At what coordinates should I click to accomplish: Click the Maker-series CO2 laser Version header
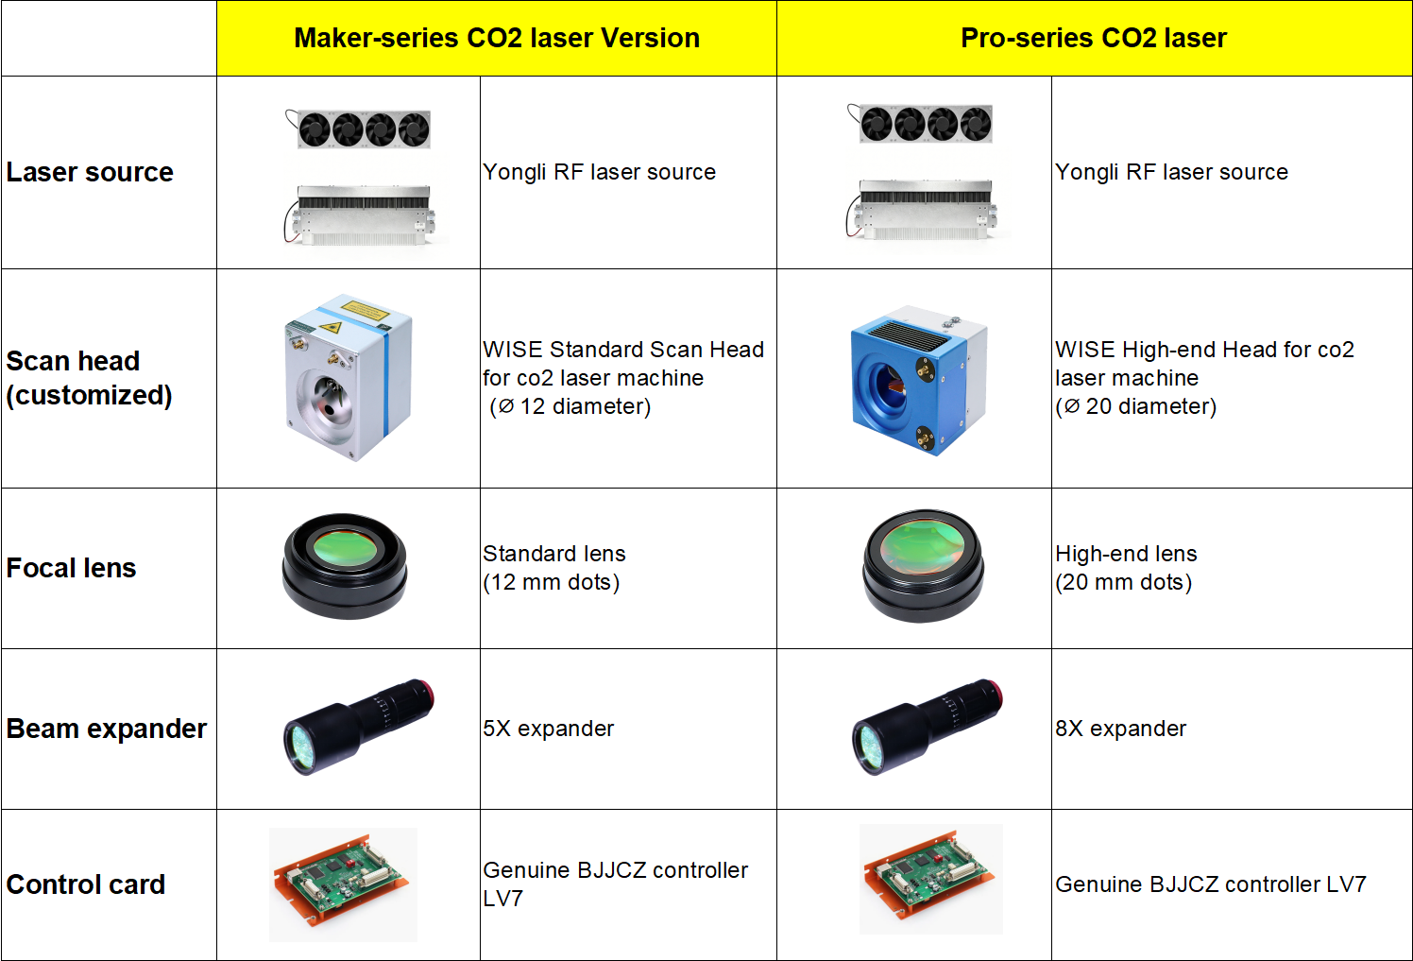(x=497, y=38)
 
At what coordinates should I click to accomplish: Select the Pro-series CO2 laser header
(x=1094, y=38)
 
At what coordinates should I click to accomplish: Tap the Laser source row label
(x=90, y=172)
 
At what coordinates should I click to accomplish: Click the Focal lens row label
(x=71, y=568)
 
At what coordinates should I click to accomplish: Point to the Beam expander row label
(x=107, y=729)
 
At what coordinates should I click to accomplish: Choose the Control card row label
(x=86, y=884)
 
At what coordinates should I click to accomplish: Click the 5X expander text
(x=548, y=729)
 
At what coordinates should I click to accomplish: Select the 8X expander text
(x=1120, y=729)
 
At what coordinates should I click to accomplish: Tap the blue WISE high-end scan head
(x=918, y=381)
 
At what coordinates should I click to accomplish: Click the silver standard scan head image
(x=349, y=377)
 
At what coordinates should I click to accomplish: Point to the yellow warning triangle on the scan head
(x=332, y=327)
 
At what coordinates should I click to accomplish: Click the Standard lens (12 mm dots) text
(x=553, y=568)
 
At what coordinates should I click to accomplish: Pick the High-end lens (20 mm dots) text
(x=1126, y=568)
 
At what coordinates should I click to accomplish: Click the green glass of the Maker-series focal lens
(x=345, y=548)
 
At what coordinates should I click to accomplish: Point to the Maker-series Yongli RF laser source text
(x=599, y=172)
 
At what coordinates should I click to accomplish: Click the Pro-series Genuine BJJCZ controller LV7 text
(x=1211, y=884)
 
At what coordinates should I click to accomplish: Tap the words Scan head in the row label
(x=73, y=361)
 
